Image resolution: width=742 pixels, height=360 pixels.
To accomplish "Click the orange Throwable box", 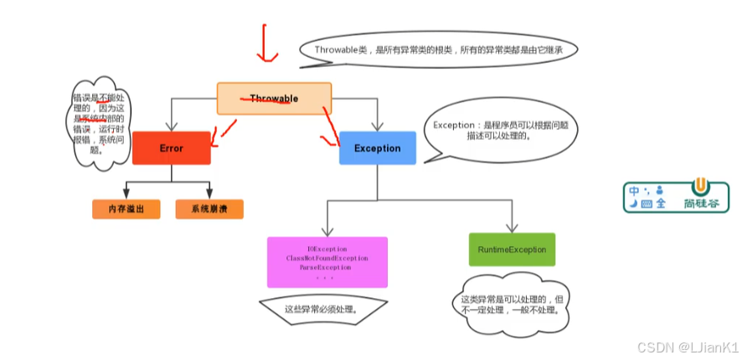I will click(274, 98).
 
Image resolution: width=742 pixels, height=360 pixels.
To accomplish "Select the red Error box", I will click(171, 148).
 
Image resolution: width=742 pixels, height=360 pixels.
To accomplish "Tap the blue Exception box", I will click(377, 148).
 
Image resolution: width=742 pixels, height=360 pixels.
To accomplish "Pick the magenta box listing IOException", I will click(327, 262).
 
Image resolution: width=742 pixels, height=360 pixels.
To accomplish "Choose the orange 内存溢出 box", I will click(125, 208).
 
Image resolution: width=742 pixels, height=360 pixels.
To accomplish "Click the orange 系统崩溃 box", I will click(209, 208).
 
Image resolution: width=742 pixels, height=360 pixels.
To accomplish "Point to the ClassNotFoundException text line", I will click(327, 259).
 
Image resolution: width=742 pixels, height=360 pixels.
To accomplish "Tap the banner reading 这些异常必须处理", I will click(322, 308).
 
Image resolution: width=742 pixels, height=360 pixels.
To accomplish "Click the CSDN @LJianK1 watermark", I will click(688, 347).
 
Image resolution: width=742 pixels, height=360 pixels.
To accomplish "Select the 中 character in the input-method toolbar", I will click(635, 189).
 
